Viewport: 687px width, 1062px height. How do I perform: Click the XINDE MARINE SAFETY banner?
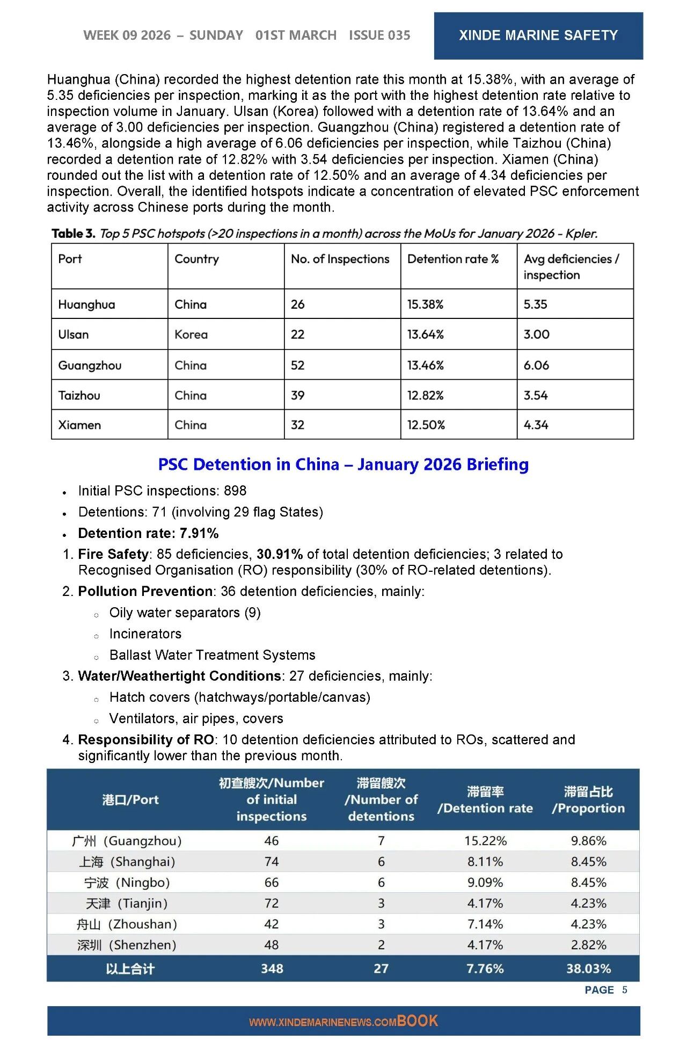[538, 35]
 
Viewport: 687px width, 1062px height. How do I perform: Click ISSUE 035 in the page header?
[379, 35]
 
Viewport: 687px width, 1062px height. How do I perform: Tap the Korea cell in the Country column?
[191, 334]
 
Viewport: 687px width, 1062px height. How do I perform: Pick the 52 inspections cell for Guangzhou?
[297, 365]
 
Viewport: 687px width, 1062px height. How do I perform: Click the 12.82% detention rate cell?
[425, 396]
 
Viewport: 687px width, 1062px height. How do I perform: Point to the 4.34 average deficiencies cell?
[536, 425]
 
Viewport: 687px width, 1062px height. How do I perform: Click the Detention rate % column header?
[452, 259]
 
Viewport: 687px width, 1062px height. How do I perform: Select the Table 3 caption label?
[74, 234]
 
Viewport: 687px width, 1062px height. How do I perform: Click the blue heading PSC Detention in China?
[343, 464]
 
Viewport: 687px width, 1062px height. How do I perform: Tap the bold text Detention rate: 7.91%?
[148, 533]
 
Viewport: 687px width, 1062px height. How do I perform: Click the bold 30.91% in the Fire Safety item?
[279, 554]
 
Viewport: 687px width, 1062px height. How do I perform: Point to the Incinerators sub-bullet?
[145, 634]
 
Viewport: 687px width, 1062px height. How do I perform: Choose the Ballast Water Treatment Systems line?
[212, 655]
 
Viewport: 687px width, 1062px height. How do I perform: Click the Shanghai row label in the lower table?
[127, 862]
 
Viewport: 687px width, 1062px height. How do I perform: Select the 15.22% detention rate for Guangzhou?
[485, 841]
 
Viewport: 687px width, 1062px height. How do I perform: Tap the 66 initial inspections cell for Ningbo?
[272, 883]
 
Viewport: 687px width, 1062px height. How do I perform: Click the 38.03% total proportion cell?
[588, 969]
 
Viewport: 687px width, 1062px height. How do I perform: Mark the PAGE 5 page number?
[605, 990]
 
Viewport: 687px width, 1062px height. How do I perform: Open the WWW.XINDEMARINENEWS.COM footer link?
[322, 1022]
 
